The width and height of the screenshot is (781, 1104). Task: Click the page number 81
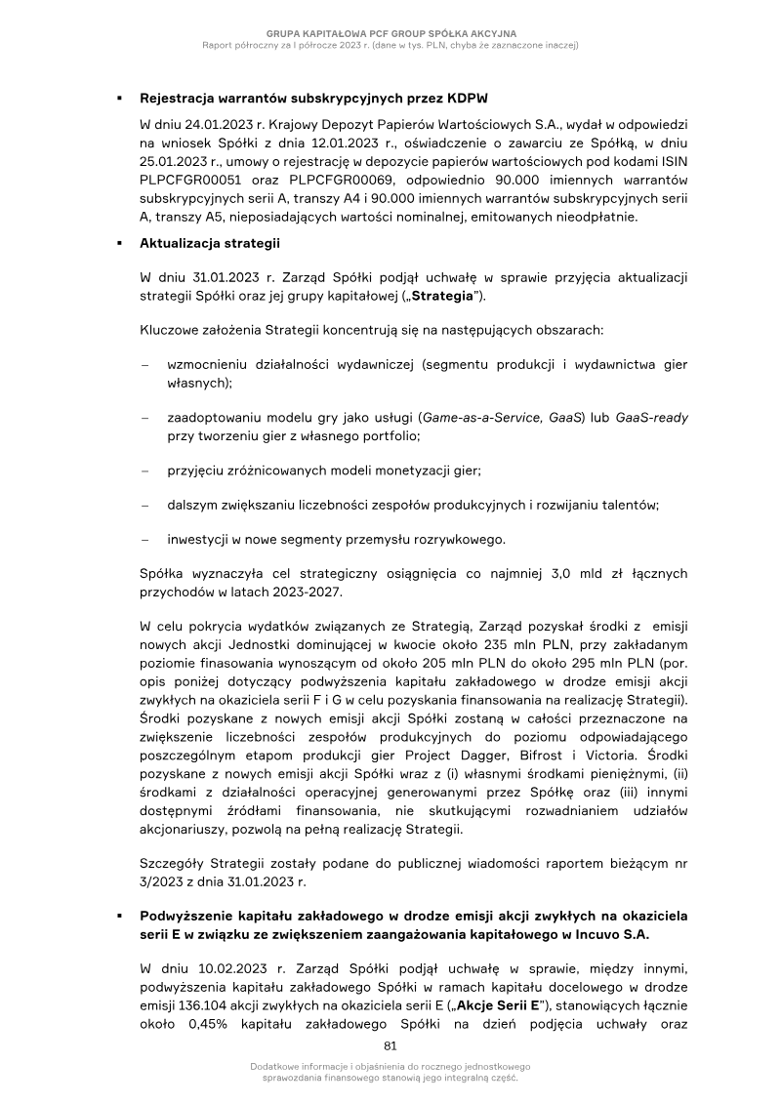(390, 1045)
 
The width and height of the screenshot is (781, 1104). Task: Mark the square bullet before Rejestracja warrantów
(118, 100)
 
